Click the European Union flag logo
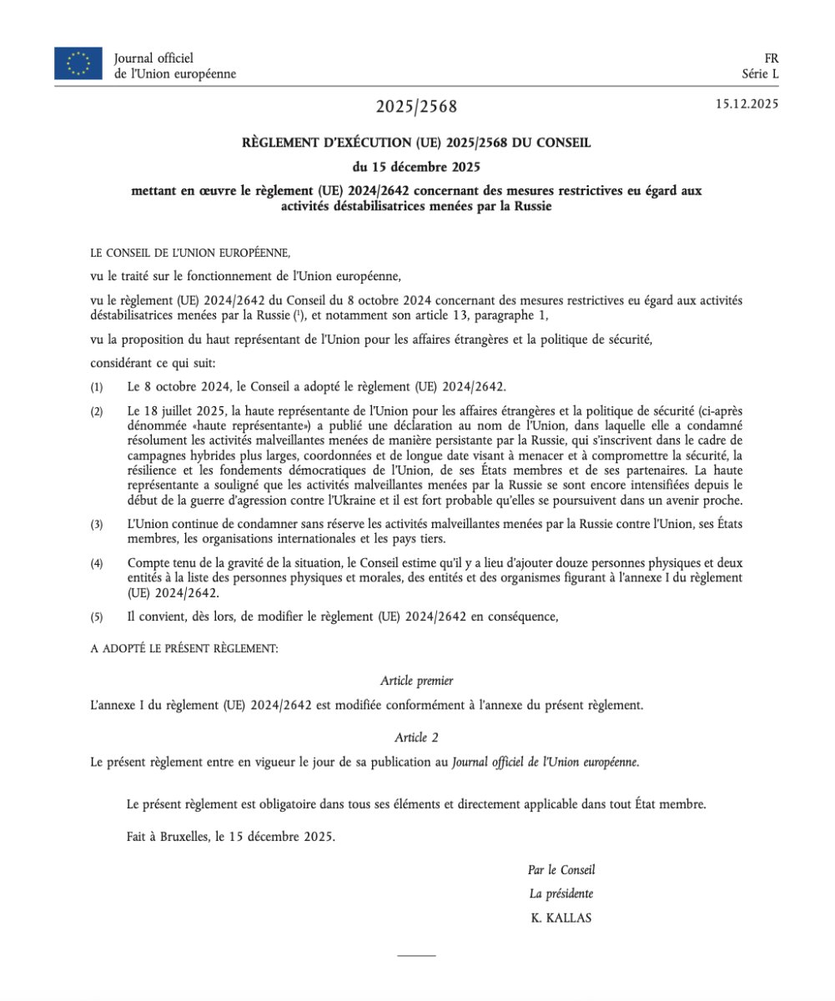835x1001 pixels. (78, 64)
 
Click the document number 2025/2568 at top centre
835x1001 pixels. (416, 107)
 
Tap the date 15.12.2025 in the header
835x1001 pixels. (747, 104)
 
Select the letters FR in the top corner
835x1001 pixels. (772, 58)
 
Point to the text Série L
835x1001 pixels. (760, 73)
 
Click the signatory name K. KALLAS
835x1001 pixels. (561, 918)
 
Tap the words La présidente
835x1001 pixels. (561, 893)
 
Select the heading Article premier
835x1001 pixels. (416, 682)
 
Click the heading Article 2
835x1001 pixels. (416, 737)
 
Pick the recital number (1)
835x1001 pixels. (98, 388)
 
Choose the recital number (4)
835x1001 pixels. (98, 564)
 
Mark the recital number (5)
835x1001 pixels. (98, 616)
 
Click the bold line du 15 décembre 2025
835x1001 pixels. (416, 166)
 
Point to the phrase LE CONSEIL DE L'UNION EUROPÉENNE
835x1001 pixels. (190, 251)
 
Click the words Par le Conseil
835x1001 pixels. (561, 870)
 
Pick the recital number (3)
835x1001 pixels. (98, 524)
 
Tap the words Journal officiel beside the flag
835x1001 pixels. (153, 58)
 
